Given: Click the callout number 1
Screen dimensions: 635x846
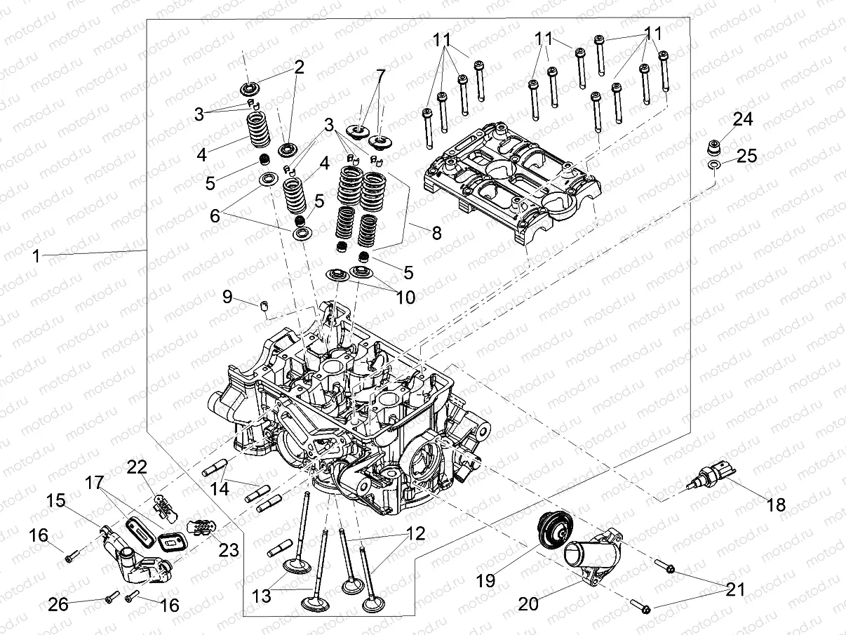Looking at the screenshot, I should (36, 256).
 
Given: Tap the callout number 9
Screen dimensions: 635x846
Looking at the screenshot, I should (227, 297).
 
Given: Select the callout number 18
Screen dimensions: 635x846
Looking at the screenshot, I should (776, 504).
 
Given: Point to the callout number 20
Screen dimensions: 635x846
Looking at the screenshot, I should (529, 603).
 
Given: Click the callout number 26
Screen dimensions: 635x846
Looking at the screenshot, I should (58, 603).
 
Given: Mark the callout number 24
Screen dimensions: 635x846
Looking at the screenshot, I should (742, 120).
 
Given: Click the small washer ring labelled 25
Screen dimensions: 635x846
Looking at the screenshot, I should (713, 165).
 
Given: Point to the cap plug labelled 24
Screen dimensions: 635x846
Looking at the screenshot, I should (714, 149).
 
